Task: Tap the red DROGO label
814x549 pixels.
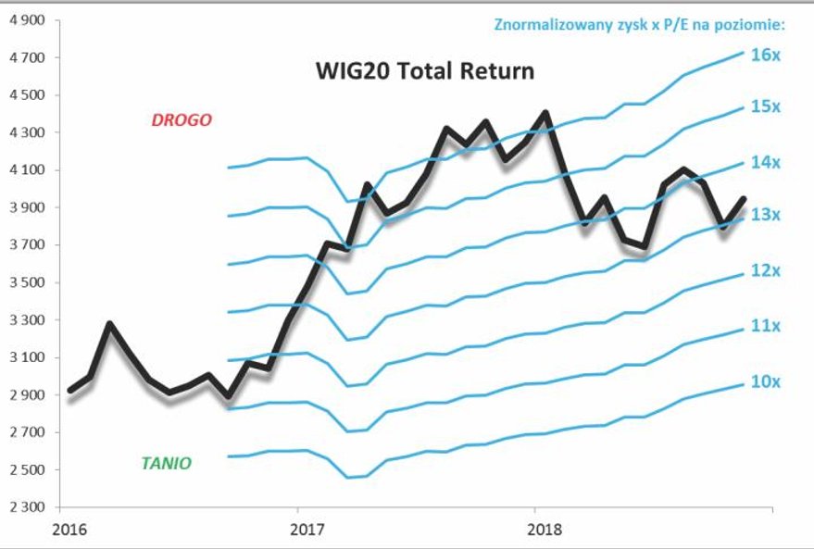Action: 182,119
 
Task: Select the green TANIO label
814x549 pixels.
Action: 167,463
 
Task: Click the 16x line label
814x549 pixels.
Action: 766,55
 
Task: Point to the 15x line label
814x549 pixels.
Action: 766,107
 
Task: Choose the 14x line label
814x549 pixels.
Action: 766,162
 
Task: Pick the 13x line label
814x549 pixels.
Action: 766,215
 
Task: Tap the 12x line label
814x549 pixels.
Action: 766,271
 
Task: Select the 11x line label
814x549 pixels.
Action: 766,326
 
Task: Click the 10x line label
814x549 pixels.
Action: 766,381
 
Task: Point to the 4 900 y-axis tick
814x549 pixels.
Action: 28,19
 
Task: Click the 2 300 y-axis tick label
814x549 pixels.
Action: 28,507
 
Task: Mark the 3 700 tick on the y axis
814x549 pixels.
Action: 28,245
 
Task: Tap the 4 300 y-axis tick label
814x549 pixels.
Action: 28,132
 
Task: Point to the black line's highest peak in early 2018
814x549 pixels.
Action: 545,113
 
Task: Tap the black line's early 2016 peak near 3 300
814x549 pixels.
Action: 109,323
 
